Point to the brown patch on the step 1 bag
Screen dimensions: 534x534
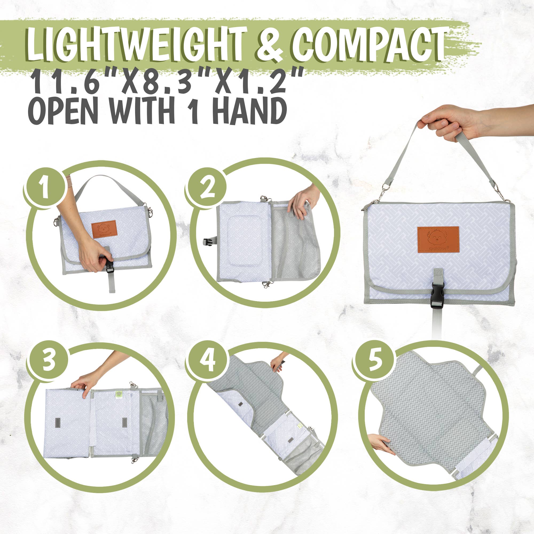pos(104,229)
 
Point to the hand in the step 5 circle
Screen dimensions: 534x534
pos(382,442)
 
